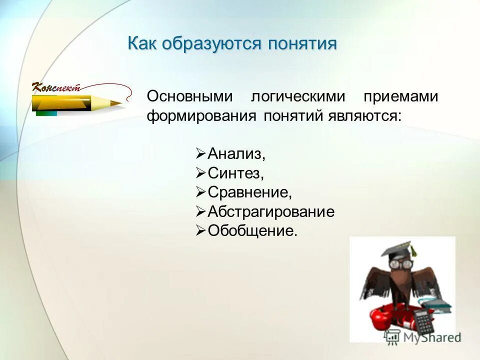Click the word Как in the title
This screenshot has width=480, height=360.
[143, 43]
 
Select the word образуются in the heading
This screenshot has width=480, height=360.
[212, 43]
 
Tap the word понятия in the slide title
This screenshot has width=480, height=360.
[302, 43]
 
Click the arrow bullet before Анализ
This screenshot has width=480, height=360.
[200, 153]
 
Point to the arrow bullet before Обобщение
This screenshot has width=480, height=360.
[200, 230]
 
